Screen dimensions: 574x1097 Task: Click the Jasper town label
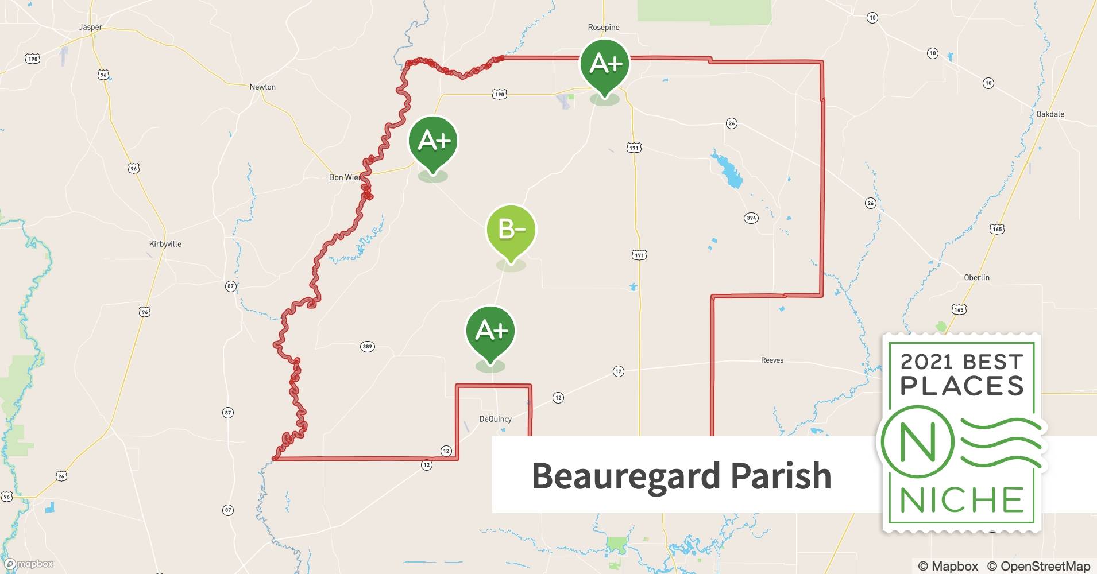click(91, 27)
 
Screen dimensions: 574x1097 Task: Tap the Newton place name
click(262, 87)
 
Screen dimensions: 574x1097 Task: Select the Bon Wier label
click(345, 177)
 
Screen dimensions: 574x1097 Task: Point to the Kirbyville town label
click(165, 244)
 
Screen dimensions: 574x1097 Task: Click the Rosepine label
click(604, 27)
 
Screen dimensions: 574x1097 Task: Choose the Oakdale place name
click(1050, 114)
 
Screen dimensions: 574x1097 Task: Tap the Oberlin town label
click(976, 277)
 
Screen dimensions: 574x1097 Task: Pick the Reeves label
click(772, 360)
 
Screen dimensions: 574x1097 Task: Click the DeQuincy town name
click(495, 419)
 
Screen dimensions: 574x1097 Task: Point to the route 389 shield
click(368, 346)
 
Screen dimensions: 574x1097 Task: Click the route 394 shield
click(751, 218)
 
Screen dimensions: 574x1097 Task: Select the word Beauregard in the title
click(625, 476)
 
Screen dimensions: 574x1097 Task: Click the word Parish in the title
click(781, 476)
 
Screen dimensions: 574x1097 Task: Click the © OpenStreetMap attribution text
click(1038, 566)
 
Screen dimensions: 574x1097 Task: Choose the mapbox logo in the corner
click(29, 564)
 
